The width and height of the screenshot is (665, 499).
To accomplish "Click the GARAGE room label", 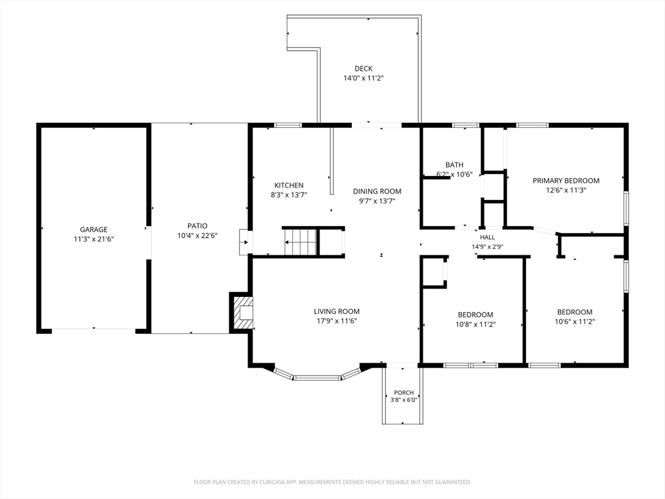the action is pyautogui.click(x=94, y=229).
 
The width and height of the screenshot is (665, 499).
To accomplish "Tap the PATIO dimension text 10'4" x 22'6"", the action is pyautogui.click(x=197, y=235).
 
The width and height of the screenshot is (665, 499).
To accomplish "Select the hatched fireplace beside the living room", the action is pyautogui.click(x=242, y=313).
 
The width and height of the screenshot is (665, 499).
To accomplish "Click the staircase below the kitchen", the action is pyautogui.click(x=300, y=242).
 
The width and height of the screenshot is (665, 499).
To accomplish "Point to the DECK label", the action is pyautogui.click(x=364, y=68).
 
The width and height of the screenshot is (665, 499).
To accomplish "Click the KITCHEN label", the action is pyautogui.click(x=289, y=185).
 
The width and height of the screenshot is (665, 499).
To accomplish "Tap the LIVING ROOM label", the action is pyautogui.click(x=337, y=311).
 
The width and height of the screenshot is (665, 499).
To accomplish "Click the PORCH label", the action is pyautogui.click(x=404, y=393).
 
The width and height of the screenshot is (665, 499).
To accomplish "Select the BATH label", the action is pyautogui.click(x=454, y=164).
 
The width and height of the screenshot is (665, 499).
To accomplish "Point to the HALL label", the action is pyautogui.click(x=487, y=238).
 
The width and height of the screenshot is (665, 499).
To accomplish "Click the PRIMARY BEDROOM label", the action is pyautogui.click(x=566, y=181).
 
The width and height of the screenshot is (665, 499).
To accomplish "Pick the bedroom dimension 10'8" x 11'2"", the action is pyautogui.click(x=475, y=325).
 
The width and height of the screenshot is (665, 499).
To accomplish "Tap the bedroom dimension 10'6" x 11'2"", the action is pyautogui.click(x=575, y=322).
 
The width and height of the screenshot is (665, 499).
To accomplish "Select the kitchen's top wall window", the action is pyautogui.click(x=288, y=125).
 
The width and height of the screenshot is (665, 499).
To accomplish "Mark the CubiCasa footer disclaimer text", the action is pyautogui.click(x=332, y=482).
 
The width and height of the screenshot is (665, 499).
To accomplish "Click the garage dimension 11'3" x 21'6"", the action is pyautogui.click(x=94, y=239).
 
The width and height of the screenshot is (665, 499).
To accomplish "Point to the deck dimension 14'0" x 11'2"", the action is pyautogui.click(x=364, y=78).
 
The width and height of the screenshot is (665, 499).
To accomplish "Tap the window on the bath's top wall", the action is pyautogui.click(x=466, y=125).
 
